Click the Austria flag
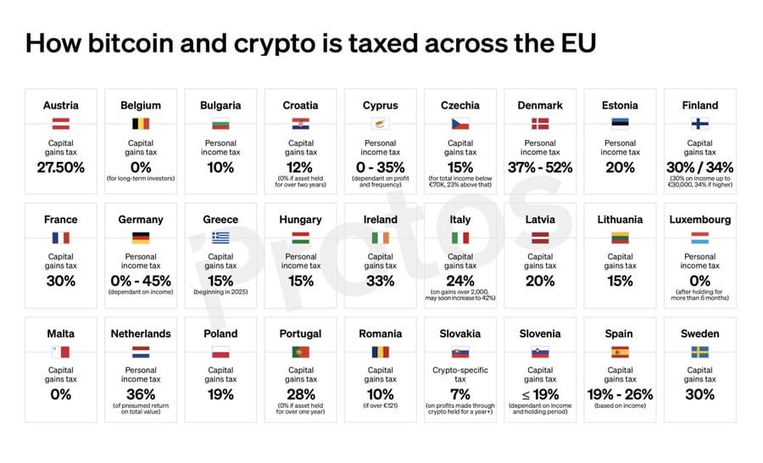(60, 124)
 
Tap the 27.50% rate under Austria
(60, 167)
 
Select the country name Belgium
(140, 105)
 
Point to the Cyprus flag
(381, 124)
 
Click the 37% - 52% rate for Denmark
(540, 167)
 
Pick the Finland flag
(700, 124)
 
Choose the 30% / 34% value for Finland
(700, 167)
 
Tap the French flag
(60, 238)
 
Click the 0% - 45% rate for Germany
(140, 281)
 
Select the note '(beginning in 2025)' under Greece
(220, 293)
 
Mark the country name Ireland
(381, 220)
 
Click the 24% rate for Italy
(460, 281)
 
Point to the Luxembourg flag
(700, 238)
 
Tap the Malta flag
(60, 352)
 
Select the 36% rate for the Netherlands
(140, 394)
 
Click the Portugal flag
(300, 352)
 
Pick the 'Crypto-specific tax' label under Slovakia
(460, 374)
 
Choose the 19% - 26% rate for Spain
(621, 394)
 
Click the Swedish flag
(700, 352)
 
